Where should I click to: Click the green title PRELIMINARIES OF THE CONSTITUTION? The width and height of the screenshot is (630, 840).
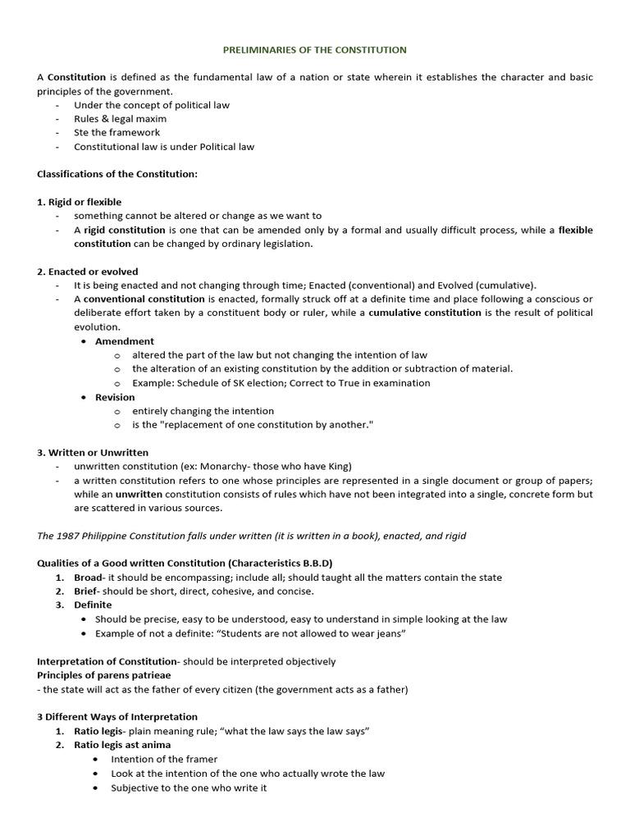point(315,50)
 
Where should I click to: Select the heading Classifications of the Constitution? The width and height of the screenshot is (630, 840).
point(117,174)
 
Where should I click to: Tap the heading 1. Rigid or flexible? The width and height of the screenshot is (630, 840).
point(80,202)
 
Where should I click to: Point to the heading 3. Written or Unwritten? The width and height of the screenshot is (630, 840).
point(92,453)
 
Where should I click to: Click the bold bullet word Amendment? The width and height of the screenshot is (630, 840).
point(125,341)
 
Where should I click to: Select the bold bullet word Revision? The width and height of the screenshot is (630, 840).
point(115,397)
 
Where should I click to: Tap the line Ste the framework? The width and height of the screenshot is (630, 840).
point(117,132)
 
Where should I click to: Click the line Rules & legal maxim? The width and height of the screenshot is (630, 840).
point(121,118)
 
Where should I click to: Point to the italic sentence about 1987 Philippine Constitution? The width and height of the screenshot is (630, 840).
point(252,536)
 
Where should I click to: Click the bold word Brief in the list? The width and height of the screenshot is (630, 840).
point(86,591)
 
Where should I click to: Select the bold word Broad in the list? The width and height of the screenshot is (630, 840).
point(88,577)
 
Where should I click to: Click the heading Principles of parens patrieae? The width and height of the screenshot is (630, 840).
point(104,675)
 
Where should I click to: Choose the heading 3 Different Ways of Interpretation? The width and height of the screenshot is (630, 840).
point(117,717)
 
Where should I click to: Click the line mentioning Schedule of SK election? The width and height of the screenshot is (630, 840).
point(281,383)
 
